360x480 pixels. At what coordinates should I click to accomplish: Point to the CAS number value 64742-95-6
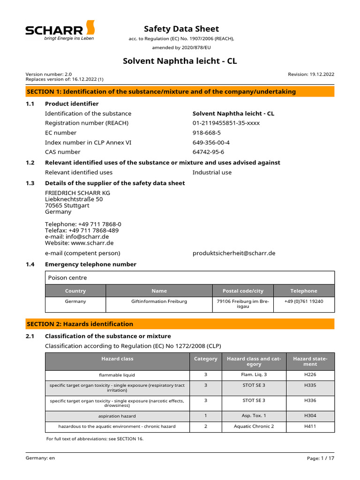point(209,152)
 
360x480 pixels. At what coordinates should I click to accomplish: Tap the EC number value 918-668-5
point(207,133)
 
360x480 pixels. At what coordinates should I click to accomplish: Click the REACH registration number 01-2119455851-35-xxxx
point(226,123)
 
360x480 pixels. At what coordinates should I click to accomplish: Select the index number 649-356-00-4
point(211,142)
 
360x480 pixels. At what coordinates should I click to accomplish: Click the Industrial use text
point(212,172)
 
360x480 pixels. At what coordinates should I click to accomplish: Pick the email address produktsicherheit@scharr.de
point(234,253)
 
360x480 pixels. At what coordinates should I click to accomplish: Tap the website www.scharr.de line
point(79,243)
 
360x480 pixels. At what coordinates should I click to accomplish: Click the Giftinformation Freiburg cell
point(159,301)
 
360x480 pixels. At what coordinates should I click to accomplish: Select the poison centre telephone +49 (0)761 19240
point(303,301)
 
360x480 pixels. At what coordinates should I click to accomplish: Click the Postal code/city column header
point(242,291)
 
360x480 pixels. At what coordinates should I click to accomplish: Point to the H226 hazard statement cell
point(310,375)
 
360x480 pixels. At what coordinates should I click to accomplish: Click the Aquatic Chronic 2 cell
point(254,426)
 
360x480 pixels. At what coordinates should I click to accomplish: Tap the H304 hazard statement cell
point(310,416)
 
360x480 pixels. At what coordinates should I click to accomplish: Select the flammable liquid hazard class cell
point(117,375)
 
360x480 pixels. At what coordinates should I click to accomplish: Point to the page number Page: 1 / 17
point(321,457)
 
